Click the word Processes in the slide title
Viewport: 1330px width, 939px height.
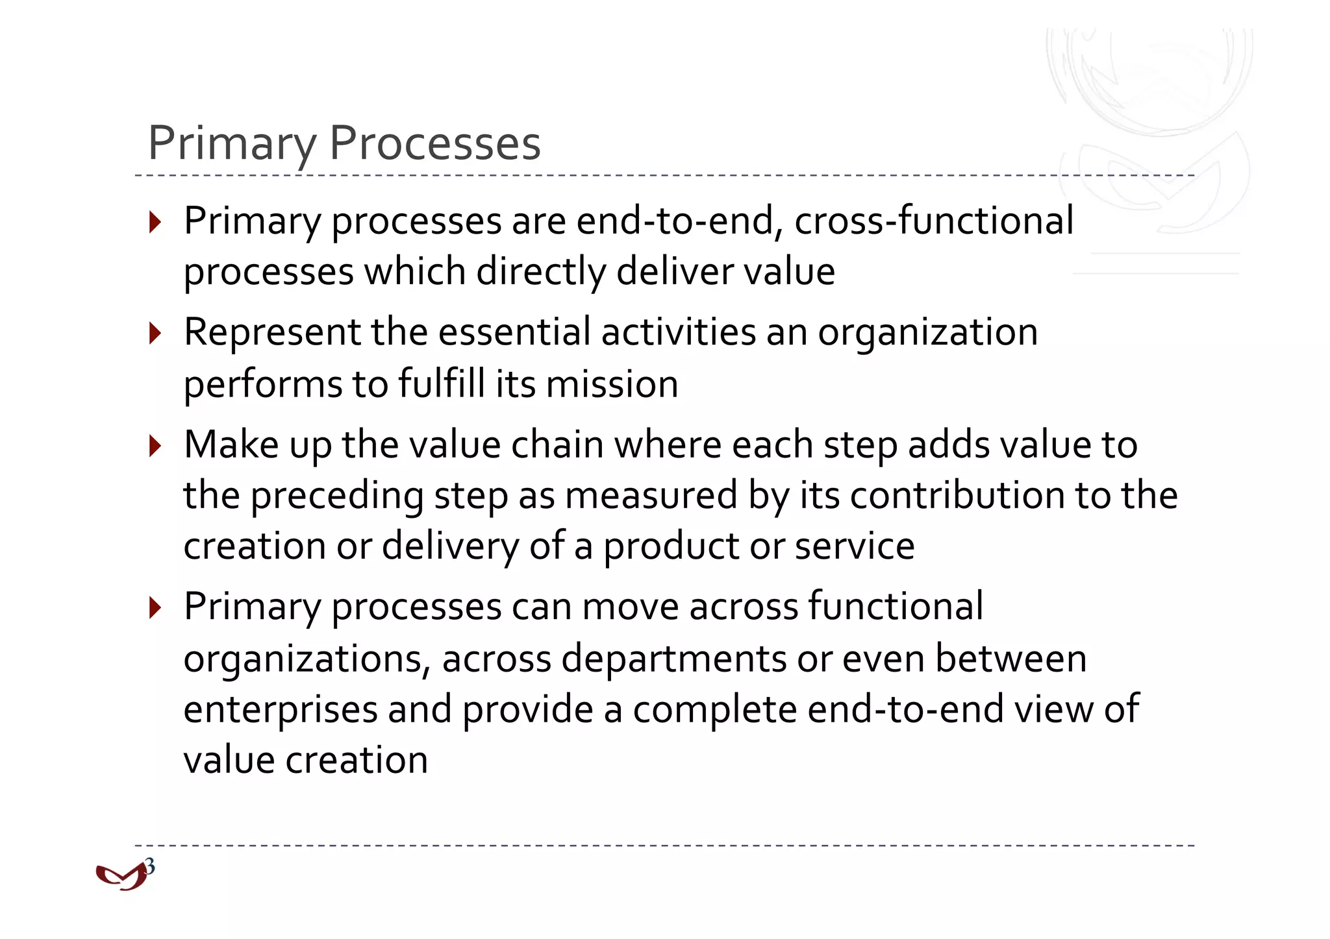(434, 143)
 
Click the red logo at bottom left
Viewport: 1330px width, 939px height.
(120, 877)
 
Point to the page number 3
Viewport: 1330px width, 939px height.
(150, 866)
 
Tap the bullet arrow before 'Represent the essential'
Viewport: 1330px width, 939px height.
(155, 334)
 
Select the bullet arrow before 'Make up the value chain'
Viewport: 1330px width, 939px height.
(155, 446)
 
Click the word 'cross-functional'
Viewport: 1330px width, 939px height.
(934, 221)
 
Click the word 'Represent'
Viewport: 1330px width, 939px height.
(272, 333)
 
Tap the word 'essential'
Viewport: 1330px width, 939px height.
(514, 332)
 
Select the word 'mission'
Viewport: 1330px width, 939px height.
(612, 384)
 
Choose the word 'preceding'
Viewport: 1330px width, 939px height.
(337, 496)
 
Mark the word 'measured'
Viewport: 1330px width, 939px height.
(651, 496)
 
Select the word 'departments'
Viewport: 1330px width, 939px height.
(673, 659)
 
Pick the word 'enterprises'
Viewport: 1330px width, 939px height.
(281, 710)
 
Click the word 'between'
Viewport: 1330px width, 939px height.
(1010, 659)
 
